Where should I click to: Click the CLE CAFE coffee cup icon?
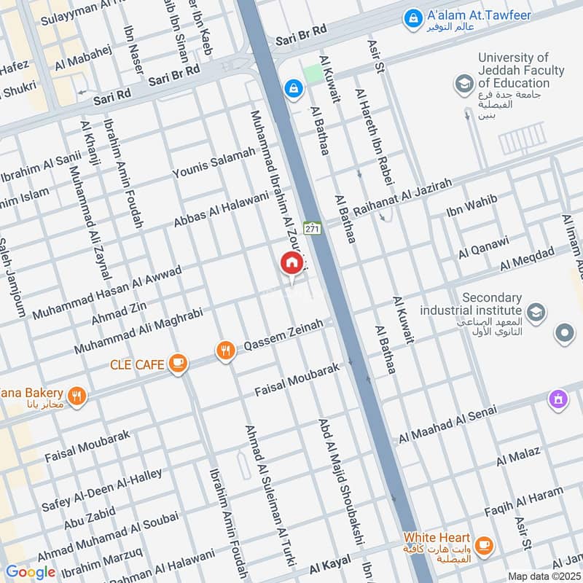pos(177,362)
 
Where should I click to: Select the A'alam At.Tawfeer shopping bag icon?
pos(413,16)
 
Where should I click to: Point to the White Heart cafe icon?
pos(482,544)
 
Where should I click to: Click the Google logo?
pos(30,572)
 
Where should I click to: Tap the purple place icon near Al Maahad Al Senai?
pos(558,399)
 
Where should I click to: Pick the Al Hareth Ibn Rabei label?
pos(374,136)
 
